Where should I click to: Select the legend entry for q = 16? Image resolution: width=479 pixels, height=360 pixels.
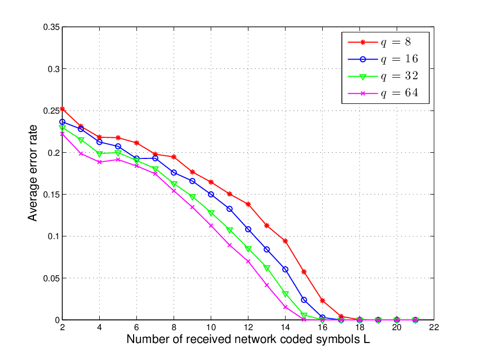[x=383, y=59]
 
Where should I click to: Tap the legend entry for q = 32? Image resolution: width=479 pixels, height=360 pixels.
[x=383, y=76]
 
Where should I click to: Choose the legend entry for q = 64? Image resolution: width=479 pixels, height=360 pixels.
[x=383, y=93]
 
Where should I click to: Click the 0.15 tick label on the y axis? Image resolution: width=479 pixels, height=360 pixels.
[x=51, y=194]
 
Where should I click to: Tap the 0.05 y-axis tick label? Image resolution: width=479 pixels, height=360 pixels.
[x=51, y=278]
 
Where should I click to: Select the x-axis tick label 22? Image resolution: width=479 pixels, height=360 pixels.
[x=434, y=328]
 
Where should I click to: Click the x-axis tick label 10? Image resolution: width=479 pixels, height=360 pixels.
[x=211, y=328]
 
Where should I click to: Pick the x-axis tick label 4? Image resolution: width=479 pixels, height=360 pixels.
[x=99, y=328]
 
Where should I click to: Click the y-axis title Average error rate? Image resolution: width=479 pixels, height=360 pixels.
[x=32, y=173]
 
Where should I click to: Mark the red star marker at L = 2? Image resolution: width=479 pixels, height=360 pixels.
[x=62, y=109]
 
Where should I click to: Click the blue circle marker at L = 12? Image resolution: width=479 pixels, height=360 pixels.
[x=248, y=229]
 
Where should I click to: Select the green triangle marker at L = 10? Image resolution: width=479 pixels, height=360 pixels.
[x=211, y=213]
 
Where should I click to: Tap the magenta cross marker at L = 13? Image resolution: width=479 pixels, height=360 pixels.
[x=267, y=285]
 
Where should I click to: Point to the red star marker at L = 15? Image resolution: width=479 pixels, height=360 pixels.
[x=304, y=272]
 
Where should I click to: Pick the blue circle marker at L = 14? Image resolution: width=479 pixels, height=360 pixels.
[x=285, y=269]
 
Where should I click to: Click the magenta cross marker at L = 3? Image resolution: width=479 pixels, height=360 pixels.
[x=81, y=154]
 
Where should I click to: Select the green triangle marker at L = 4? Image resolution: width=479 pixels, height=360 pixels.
[x=99, y=154]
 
